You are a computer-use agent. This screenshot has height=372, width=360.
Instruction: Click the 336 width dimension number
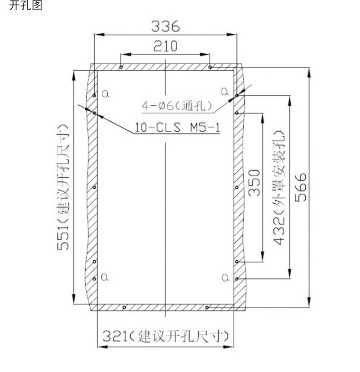coord(165,26)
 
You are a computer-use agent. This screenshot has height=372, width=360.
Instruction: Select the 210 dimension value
coord(165,46)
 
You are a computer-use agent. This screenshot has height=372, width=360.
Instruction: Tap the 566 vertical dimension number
coord(301,187)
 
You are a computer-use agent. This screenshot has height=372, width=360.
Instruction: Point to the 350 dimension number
coord(254,183)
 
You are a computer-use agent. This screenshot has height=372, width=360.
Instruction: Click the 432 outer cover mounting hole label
coord(279,188)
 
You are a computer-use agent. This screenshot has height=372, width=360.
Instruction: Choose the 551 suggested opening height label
coord(63,187)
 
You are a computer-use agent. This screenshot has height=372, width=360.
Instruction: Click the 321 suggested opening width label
coord(166,336)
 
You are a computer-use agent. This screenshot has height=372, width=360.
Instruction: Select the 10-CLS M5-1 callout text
coord(177,127)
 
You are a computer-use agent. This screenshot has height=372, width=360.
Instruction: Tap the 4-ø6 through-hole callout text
coord(177,106)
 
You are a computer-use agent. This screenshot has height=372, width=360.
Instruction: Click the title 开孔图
coord(26,5)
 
